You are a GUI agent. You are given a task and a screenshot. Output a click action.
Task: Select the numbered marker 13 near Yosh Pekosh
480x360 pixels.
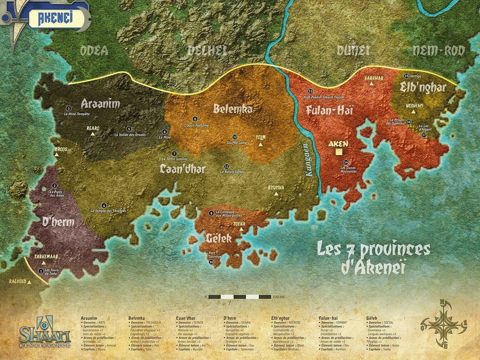tap(310, 91)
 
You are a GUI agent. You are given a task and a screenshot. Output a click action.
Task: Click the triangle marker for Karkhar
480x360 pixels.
tap(371, 84)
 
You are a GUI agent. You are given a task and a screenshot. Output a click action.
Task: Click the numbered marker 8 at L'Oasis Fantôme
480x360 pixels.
tap(195, 119)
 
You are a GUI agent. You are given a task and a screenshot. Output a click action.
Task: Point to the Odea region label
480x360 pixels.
tap(94, 51)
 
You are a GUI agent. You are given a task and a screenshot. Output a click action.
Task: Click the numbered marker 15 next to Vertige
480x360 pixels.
tap(406, 76)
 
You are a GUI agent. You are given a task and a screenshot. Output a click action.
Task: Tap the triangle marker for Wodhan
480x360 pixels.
tap(413, 112)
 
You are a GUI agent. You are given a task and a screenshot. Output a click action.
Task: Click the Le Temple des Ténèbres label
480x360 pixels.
tap(108, 211)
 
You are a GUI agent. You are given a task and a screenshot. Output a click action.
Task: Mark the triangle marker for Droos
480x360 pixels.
tap(57, 155)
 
